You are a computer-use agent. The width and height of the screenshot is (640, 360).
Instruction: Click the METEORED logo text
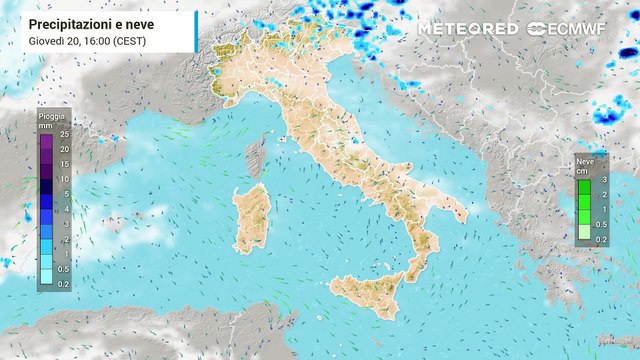[x=468, y=29]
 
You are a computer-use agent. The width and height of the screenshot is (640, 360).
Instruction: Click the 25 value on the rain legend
[x=64, y=134]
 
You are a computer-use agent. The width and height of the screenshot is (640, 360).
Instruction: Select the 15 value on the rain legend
[x=64, y=163]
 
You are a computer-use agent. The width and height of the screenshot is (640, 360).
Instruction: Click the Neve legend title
[x=585, y=160]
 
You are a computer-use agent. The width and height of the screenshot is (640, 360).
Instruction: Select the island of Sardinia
[x=251, y=218]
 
